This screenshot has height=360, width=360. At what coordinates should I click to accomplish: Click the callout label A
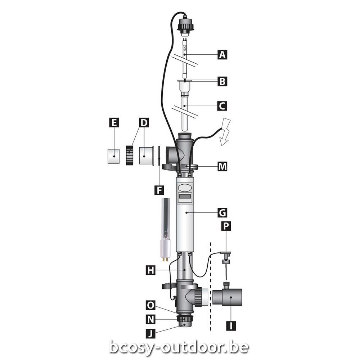(222, 55)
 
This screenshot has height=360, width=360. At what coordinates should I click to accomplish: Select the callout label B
(222, 81)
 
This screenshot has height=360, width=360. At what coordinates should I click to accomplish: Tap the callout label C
(222, 106)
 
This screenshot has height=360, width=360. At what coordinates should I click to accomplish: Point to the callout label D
(144, 123)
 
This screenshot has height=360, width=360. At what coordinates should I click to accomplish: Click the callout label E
(114, 123)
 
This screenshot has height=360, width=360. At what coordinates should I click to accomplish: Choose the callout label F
(159, 190)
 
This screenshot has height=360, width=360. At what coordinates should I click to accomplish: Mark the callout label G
(222, 213)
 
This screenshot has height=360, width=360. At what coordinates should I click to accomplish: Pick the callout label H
(150, 270)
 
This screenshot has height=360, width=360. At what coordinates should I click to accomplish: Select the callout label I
(231, 325)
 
